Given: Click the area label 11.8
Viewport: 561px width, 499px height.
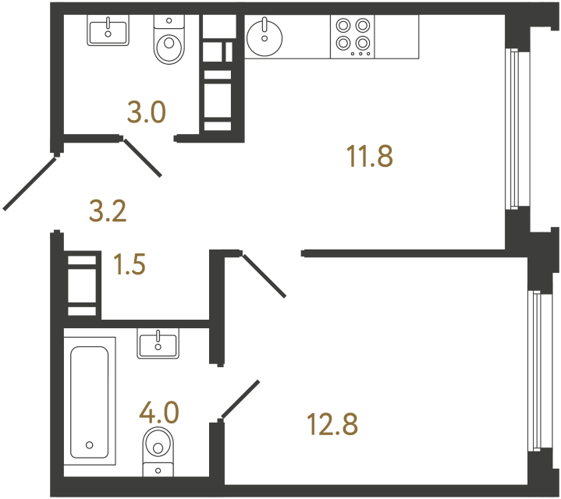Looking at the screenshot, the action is (x=370, y=156).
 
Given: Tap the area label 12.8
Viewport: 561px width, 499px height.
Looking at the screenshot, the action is (x=332, y=424).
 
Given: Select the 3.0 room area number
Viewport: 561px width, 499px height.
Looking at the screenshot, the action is (x=147, y=111).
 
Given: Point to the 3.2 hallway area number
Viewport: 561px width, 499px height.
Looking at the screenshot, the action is (x=108, y=211).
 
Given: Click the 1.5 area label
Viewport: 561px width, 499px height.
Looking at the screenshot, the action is (x=130, y=264).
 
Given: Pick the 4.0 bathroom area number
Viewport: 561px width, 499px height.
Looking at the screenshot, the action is (x=159, y=413).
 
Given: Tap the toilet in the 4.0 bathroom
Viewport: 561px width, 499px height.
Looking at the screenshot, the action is (x=158, y=451).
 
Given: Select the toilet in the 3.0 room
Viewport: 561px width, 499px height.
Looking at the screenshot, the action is (x=169, y=39).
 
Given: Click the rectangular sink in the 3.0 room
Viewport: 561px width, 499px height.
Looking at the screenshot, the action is (x=108, y=30).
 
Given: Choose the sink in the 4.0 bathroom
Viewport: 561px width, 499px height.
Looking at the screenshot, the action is (x=158, y=344).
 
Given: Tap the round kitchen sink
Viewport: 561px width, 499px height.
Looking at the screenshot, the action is (x=265, y=38).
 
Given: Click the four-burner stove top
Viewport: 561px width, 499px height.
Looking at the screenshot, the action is (x=353, y=37).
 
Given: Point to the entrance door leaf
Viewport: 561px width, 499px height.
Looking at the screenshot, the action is (x=30, y=184).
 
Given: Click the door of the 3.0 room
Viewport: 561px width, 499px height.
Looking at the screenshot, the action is (x=143, y=157).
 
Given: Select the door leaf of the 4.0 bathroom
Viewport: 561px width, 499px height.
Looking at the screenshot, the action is (x=240, y=399).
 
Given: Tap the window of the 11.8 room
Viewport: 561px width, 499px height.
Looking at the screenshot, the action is (x=514, y=129).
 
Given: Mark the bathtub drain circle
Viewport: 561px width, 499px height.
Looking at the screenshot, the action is (x=90, y=445).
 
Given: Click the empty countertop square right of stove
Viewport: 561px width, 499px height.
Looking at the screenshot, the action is (x=396, y=37).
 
